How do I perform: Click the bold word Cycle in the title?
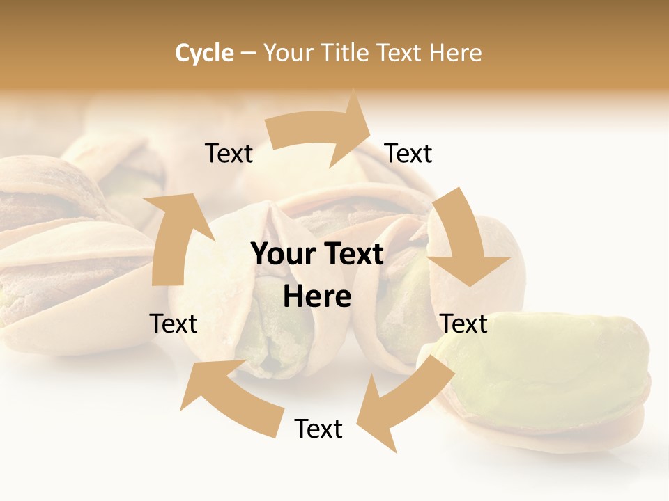[x=204, y=53]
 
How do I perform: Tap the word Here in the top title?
[x=456, y=53]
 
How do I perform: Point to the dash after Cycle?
[x=248, y=54]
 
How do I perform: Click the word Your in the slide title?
[x=287, y=53]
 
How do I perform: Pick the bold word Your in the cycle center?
[x=282, y=255]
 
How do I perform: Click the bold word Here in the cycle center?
[x=318, y=297]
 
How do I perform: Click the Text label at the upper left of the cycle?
[x=229, y=154]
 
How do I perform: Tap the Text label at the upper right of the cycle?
[x=408, y=154]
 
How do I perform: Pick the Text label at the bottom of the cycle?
[x=318, y=429]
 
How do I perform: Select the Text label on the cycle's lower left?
[x=174, y=324]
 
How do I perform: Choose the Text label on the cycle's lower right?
[x=464, y=324]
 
